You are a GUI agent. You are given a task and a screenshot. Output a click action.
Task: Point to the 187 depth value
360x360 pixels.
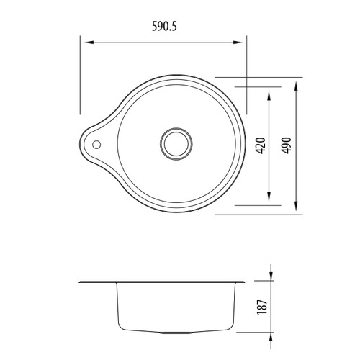tap(262, 306)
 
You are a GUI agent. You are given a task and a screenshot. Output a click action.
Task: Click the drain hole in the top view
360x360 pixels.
tap(175, 142)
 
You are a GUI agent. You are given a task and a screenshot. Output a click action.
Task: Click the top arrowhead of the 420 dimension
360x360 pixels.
tap(270, 94)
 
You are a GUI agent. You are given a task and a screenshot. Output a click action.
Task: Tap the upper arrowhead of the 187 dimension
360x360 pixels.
tap(271, 276)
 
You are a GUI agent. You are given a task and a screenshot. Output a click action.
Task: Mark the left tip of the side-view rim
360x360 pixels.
tap(78, 281)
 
